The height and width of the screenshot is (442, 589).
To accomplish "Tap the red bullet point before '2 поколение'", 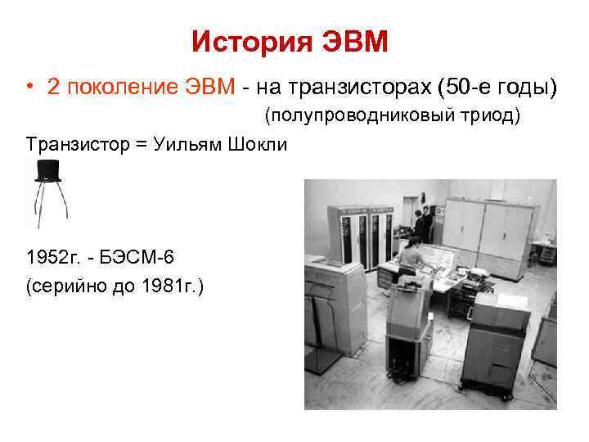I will [x=29, y=88].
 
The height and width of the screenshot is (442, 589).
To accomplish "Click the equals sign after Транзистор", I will [x=140, y=145].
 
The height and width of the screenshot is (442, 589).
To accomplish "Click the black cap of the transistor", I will [x=48, y=169].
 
